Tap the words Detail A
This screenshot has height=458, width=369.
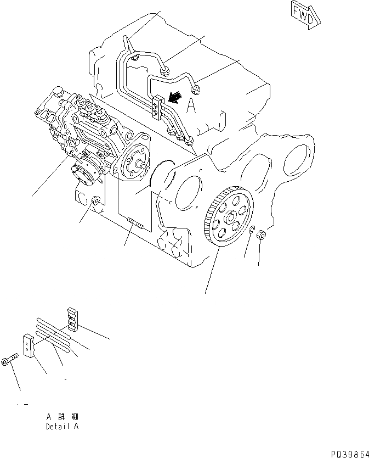(62, 426)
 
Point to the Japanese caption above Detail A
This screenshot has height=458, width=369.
(62, 416)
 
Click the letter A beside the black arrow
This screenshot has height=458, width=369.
(191, 107)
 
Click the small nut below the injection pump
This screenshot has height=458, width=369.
(96, 202)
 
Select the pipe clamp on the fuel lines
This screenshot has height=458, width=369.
(157, 107)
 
